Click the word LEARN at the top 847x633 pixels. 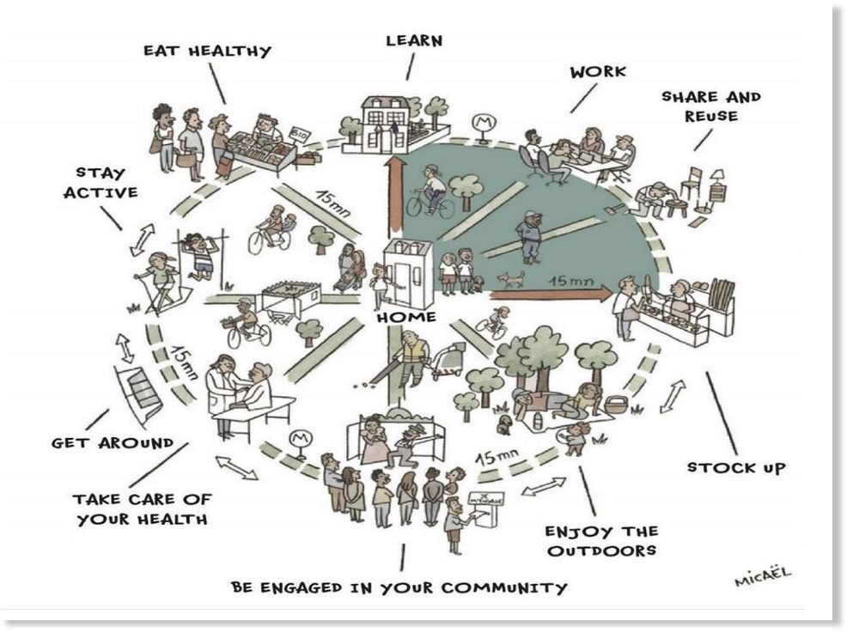click(x=414, y=40)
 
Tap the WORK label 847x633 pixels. click(x=598, y=72)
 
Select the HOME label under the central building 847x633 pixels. click(x=406, y=317)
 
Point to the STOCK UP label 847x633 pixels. click(x=736, y=468)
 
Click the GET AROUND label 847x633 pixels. click(x=113, y=443)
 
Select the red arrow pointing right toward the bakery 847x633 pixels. click(x=551, y=294)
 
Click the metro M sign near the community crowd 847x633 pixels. click(x=297, y=439)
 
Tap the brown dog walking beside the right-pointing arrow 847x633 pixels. click(x=511, y=278)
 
